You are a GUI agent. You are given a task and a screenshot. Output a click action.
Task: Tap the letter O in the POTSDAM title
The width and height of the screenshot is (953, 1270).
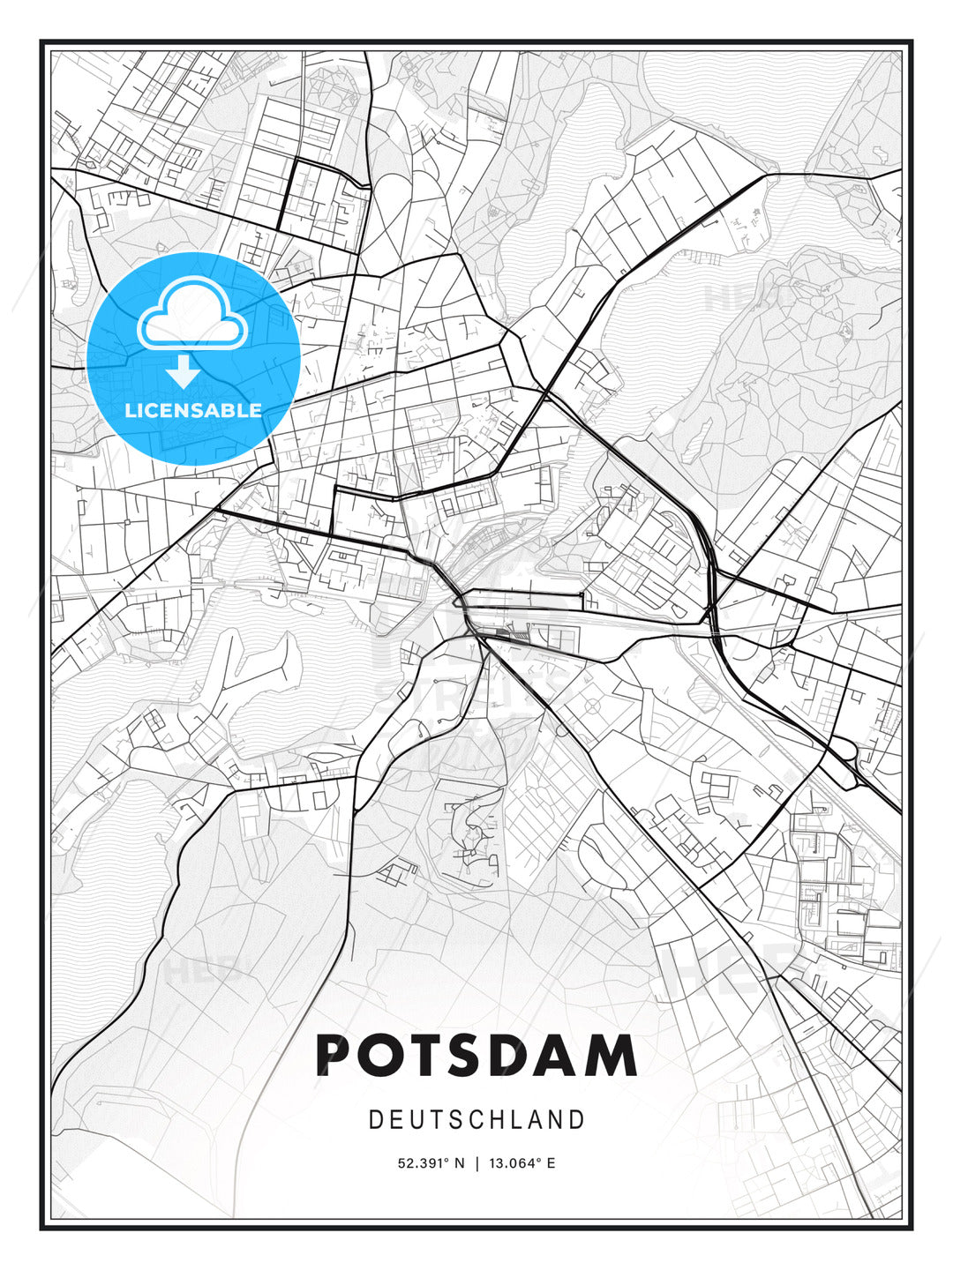(384, 1056)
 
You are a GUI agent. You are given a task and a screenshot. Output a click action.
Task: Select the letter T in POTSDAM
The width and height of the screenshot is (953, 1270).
(432, 1056)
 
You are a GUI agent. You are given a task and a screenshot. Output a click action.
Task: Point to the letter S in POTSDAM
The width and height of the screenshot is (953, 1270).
(476, 1056)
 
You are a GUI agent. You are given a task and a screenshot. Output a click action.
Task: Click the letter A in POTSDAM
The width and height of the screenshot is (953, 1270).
(574, 1056)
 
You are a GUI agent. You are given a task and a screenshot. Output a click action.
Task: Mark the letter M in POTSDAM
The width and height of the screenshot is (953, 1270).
(619, 1056)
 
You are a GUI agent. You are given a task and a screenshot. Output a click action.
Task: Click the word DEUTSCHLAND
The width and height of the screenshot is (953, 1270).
(476, 1120)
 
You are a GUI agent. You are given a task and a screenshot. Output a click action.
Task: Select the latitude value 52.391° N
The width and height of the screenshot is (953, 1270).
(431, 1163)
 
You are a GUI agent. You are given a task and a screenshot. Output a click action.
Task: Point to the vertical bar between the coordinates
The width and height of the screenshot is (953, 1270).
(476, 1163)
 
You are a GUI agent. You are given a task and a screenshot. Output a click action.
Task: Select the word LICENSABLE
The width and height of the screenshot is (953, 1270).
(193, 410)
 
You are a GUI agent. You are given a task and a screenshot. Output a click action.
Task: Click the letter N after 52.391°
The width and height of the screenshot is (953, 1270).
(459, 1163)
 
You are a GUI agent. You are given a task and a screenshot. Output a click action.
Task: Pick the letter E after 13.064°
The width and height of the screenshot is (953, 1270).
(552, 1163)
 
